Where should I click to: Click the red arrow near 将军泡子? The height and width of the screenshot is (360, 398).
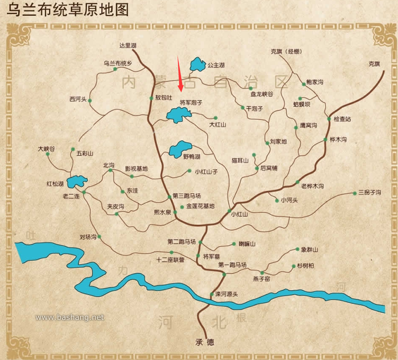(x=180, y=73)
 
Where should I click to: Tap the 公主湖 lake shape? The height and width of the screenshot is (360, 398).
(x=197, y=64)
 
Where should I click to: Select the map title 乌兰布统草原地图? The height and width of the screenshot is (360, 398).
(x=67, y=9)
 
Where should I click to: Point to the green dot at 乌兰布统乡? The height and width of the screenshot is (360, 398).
(x=115, y=69)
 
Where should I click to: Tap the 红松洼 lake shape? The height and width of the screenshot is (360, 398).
(x=77, y=181)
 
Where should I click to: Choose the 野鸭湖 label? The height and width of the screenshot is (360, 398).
(x=191, y=157)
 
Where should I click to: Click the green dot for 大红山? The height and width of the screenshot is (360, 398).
(x=215, y=118)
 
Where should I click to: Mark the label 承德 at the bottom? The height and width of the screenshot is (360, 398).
(x=204, y=342)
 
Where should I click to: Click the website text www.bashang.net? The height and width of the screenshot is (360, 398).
(x=70, y=317)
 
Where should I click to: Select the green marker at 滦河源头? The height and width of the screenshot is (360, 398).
(x=212, y=294)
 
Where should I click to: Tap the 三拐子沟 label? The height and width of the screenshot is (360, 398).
(x=370, y=192)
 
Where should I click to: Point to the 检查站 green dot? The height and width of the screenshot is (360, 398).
(x=329, y=119)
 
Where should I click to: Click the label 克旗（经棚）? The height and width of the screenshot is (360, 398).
(x=287, y=52)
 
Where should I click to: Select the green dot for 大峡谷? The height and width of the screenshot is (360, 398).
(x=48, y=154)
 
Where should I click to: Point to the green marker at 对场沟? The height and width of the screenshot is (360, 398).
(x=99, y=237)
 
